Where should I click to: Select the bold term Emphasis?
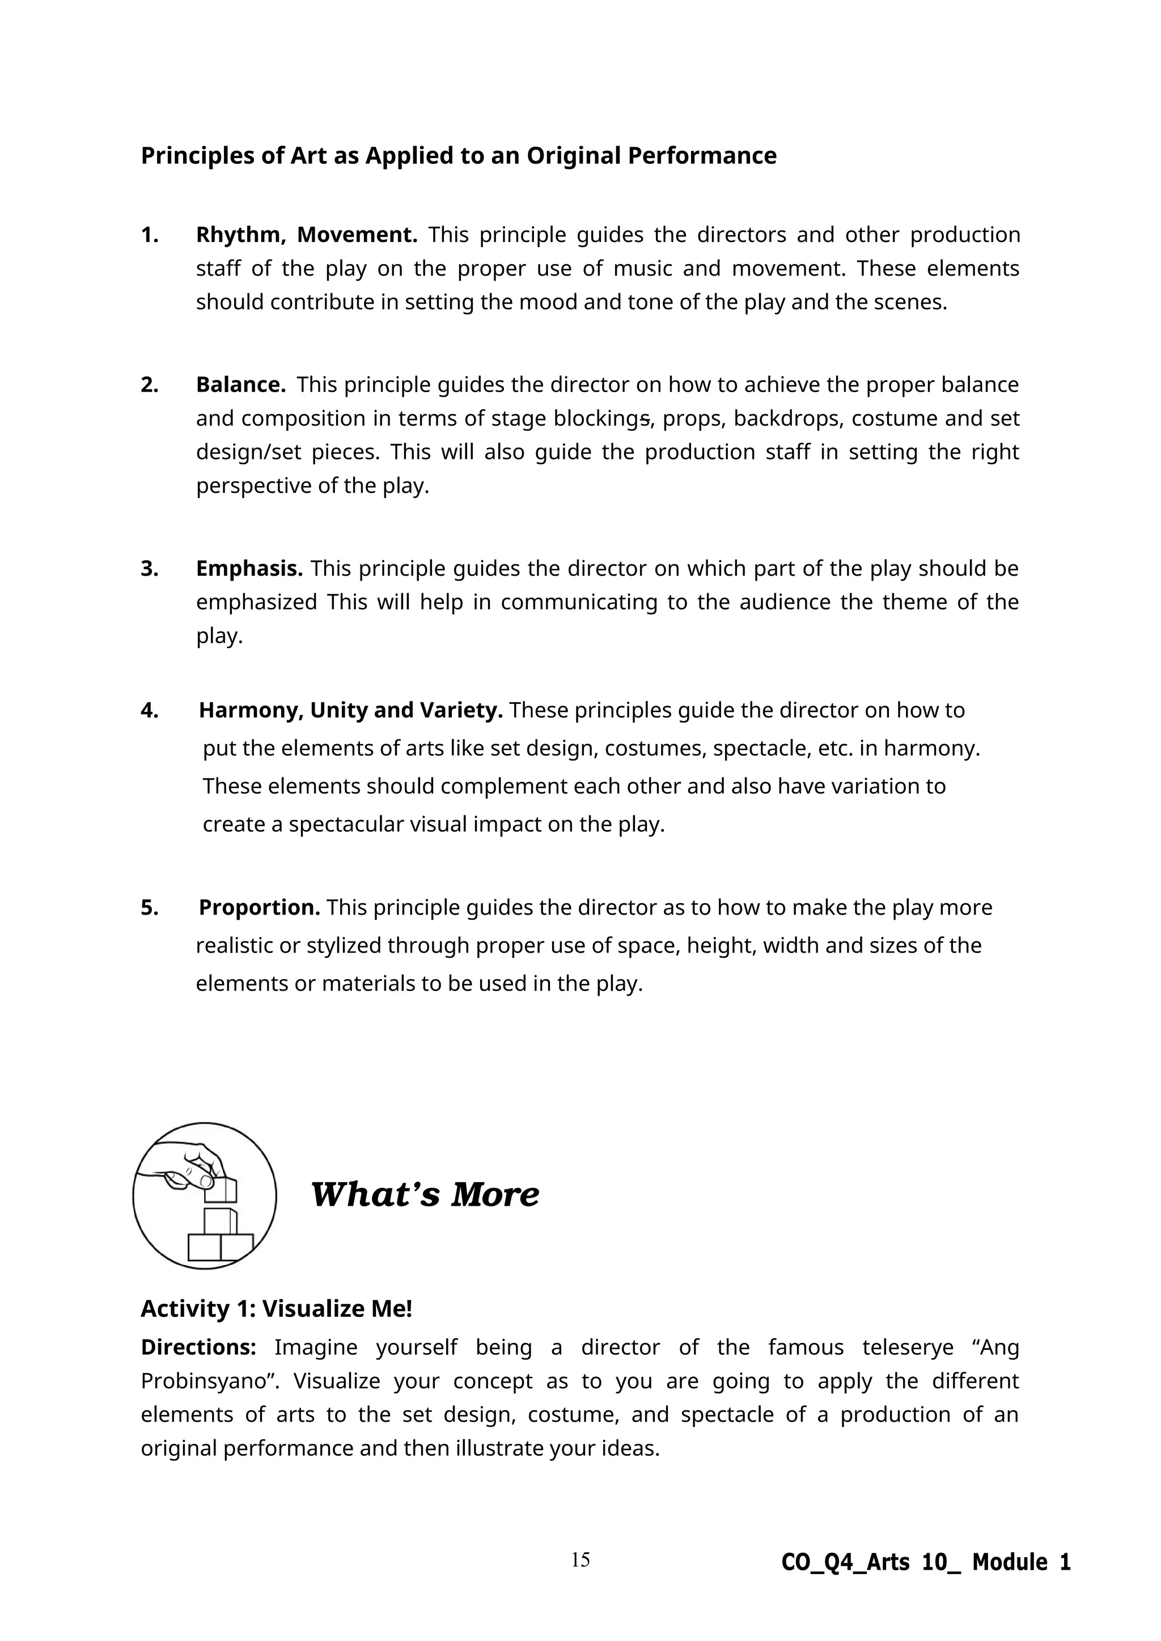tap(249, 568)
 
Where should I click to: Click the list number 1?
tap(150, 235)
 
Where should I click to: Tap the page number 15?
tap(580, 1559)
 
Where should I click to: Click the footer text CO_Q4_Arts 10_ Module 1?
tap(926, 1562)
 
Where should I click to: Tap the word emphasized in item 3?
tap(256, 602)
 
